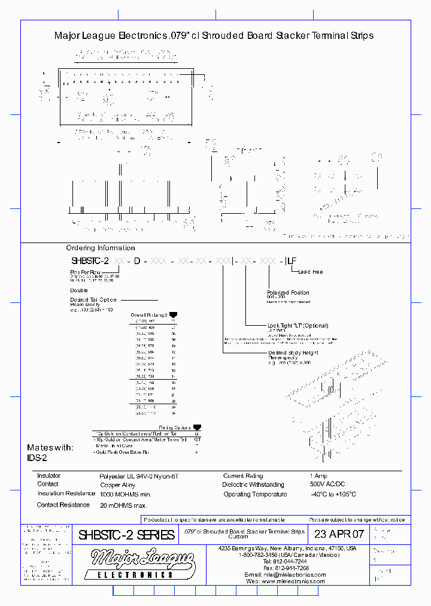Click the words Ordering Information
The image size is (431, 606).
tap(100, 248)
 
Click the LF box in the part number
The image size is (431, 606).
tap(292, 261)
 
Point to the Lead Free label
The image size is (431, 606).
tap(310, 272)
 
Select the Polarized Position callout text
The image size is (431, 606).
tap(288, 293)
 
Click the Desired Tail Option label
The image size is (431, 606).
tap(93, 299)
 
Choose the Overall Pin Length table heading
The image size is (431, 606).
tap(150, 314)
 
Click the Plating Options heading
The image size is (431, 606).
tap(175, 428)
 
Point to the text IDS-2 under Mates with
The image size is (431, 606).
tap(37, 457)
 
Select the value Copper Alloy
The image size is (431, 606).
tap(117, 485)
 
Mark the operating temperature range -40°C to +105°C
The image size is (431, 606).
tap(333, 495)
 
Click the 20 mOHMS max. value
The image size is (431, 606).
tap(125, 505)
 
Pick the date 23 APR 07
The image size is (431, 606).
tap(339, 534)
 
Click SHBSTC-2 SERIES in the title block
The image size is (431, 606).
tap(126, 535)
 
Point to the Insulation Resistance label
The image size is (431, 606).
tap(66, 493)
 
